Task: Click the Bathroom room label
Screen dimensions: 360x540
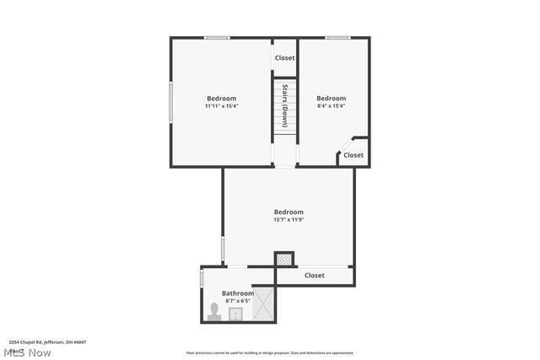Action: pyautogui.click(x=238, y=293)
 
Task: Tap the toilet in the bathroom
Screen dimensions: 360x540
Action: pyautogui.click(x=215, y=314)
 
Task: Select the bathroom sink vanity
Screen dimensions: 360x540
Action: pyautogui.click(x=237, y=314)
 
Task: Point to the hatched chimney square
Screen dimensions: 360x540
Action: pyautogui.click(x=285, y=260)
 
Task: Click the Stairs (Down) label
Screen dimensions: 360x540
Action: pyautogui.click(x=286, y=105)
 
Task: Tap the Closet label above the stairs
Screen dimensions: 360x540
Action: pyautogui.click(x=285, y=58)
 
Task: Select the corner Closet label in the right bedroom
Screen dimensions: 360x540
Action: pyautogui.click(x=354, y=155)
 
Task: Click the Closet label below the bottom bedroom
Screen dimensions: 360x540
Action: pyautogui.click(x=315, y=276)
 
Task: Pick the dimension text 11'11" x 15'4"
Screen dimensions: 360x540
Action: pyautogui.click(x=222, y=106)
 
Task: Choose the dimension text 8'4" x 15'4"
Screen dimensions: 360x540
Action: pyautogui.click(x=331, y=106)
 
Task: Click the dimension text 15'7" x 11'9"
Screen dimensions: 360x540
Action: pyautogui.click(x=289, y=220)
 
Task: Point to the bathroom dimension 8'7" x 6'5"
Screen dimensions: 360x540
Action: pyautogui.click(x=238, y=301)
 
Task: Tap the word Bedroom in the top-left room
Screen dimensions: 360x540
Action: pyautogui.click(x=222, y=99)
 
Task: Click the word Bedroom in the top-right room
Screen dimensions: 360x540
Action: pyautogui.click(x=332, y=99)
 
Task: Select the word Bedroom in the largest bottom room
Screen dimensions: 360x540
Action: pyautogui.click(x=289, y=212)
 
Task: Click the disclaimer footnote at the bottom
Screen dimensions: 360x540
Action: pyautogui.click(x=270, y=353)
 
